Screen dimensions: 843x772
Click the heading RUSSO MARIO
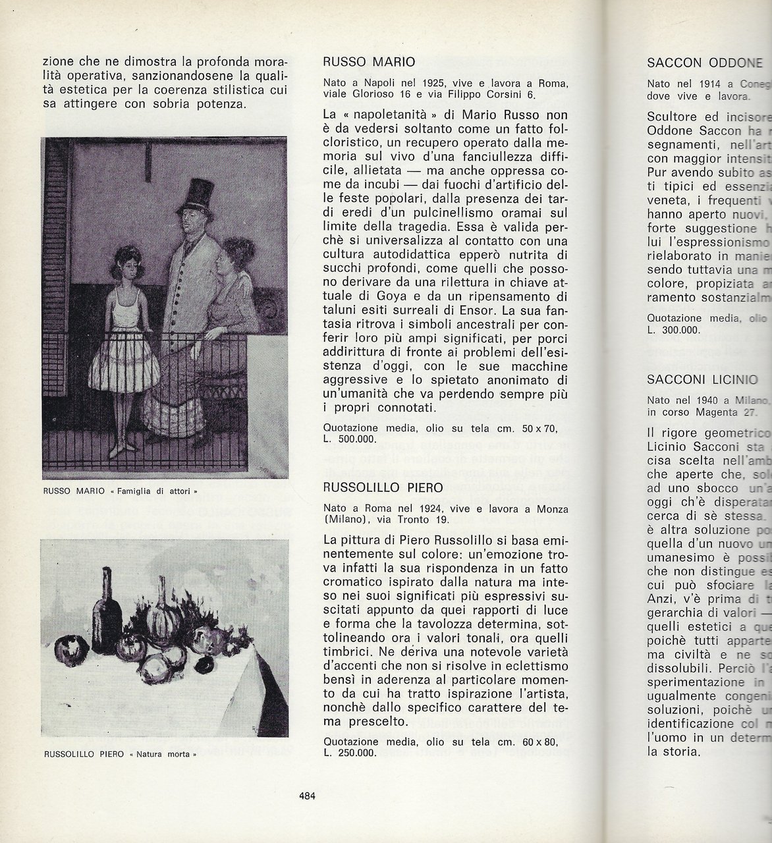(x=368, y=63)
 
